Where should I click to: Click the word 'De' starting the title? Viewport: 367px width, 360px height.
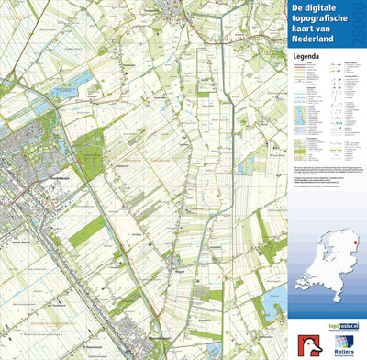coord(298,10)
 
